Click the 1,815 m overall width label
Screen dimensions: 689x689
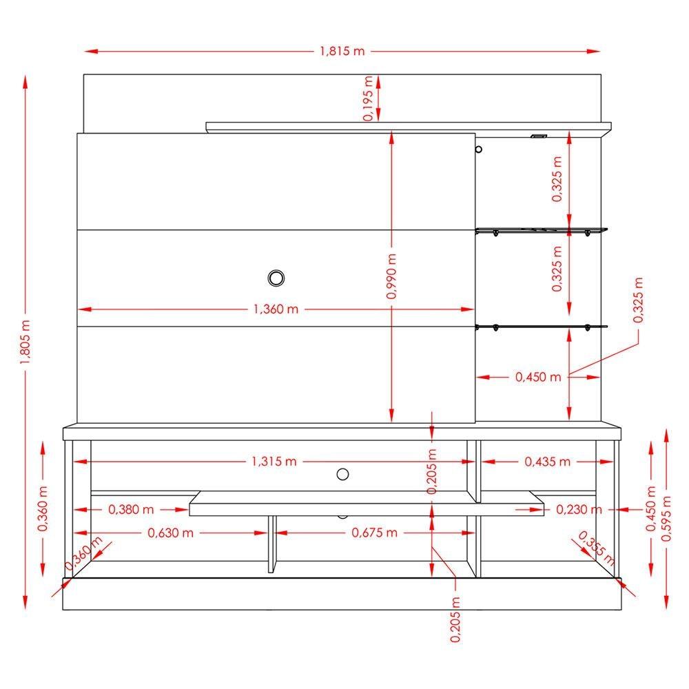coord(342,52)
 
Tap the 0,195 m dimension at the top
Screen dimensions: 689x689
coord(369,99)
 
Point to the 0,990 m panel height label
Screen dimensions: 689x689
coord(391,276)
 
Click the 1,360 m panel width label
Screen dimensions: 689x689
coord(276,309)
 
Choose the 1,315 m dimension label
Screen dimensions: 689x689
coord(274,462)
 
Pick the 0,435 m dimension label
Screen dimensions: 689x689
coord(548,462)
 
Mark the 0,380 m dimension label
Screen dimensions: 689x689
coord(131,510)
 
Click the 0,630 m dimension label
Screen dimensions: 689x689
coord(169,533)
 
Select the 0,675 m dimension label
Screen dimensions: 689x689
coord(374,533)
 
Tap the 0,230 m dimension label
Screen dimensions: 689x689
coord(579,510)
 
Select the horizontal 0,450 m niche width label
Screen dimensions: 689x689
coord(538,377)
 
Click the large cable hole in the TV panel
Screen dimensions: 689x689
coord(276,278)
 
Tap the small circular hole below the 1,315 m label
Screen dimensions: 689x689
coord(342,473)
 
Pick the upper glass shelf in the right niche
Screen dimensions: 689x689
coord(542,230)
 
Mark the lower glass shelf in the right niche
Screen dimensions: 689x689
coord(542,327)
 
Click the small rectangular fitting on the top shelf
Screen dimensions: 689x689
coord(538,136)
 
